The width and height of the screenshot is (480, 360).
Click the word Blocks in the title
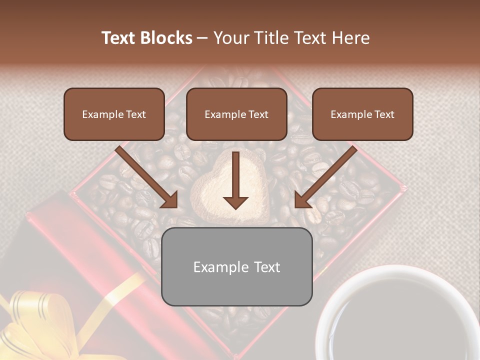coord(165,38)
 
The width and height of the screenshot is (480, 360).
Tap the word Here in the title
coord(351,38)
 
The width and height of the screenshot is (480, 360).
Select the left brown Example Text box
coord(114,114)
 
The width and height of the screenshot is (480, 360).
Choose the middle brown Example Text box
coord(236,114)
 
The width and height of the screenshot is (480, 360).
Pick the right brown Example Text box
coord(362,114)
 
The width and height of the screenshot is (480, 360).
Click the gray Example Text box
coord(236,266)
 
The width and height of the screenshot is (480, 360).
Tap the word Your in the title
coord(230,38)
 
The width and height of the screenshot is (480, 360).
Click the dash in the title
coord(203,38)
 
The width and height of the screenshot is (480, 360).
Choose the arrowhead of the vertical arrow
coord(235,202)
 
